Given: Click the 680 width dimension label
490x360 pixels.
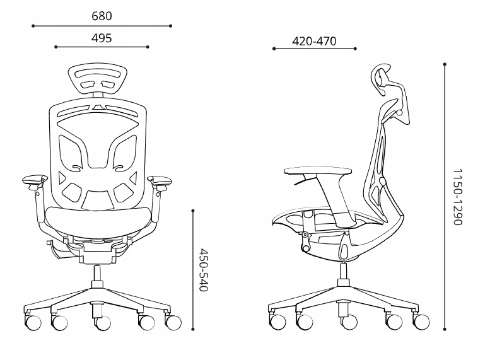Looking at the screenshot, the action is [102, 16].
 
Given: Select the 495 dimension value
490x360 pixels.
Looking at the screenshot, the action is [102, 38].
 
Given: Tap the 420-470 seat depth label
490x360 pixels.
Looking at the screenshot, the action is [314, 42].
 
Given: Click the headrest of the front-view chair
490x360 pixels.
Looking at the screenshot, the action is [102, 78].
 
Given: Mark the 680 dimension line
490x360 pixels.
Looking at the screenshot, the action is [102, 26].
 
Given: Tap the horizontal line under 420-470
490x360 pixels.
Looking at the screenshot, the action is [314, 49].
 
